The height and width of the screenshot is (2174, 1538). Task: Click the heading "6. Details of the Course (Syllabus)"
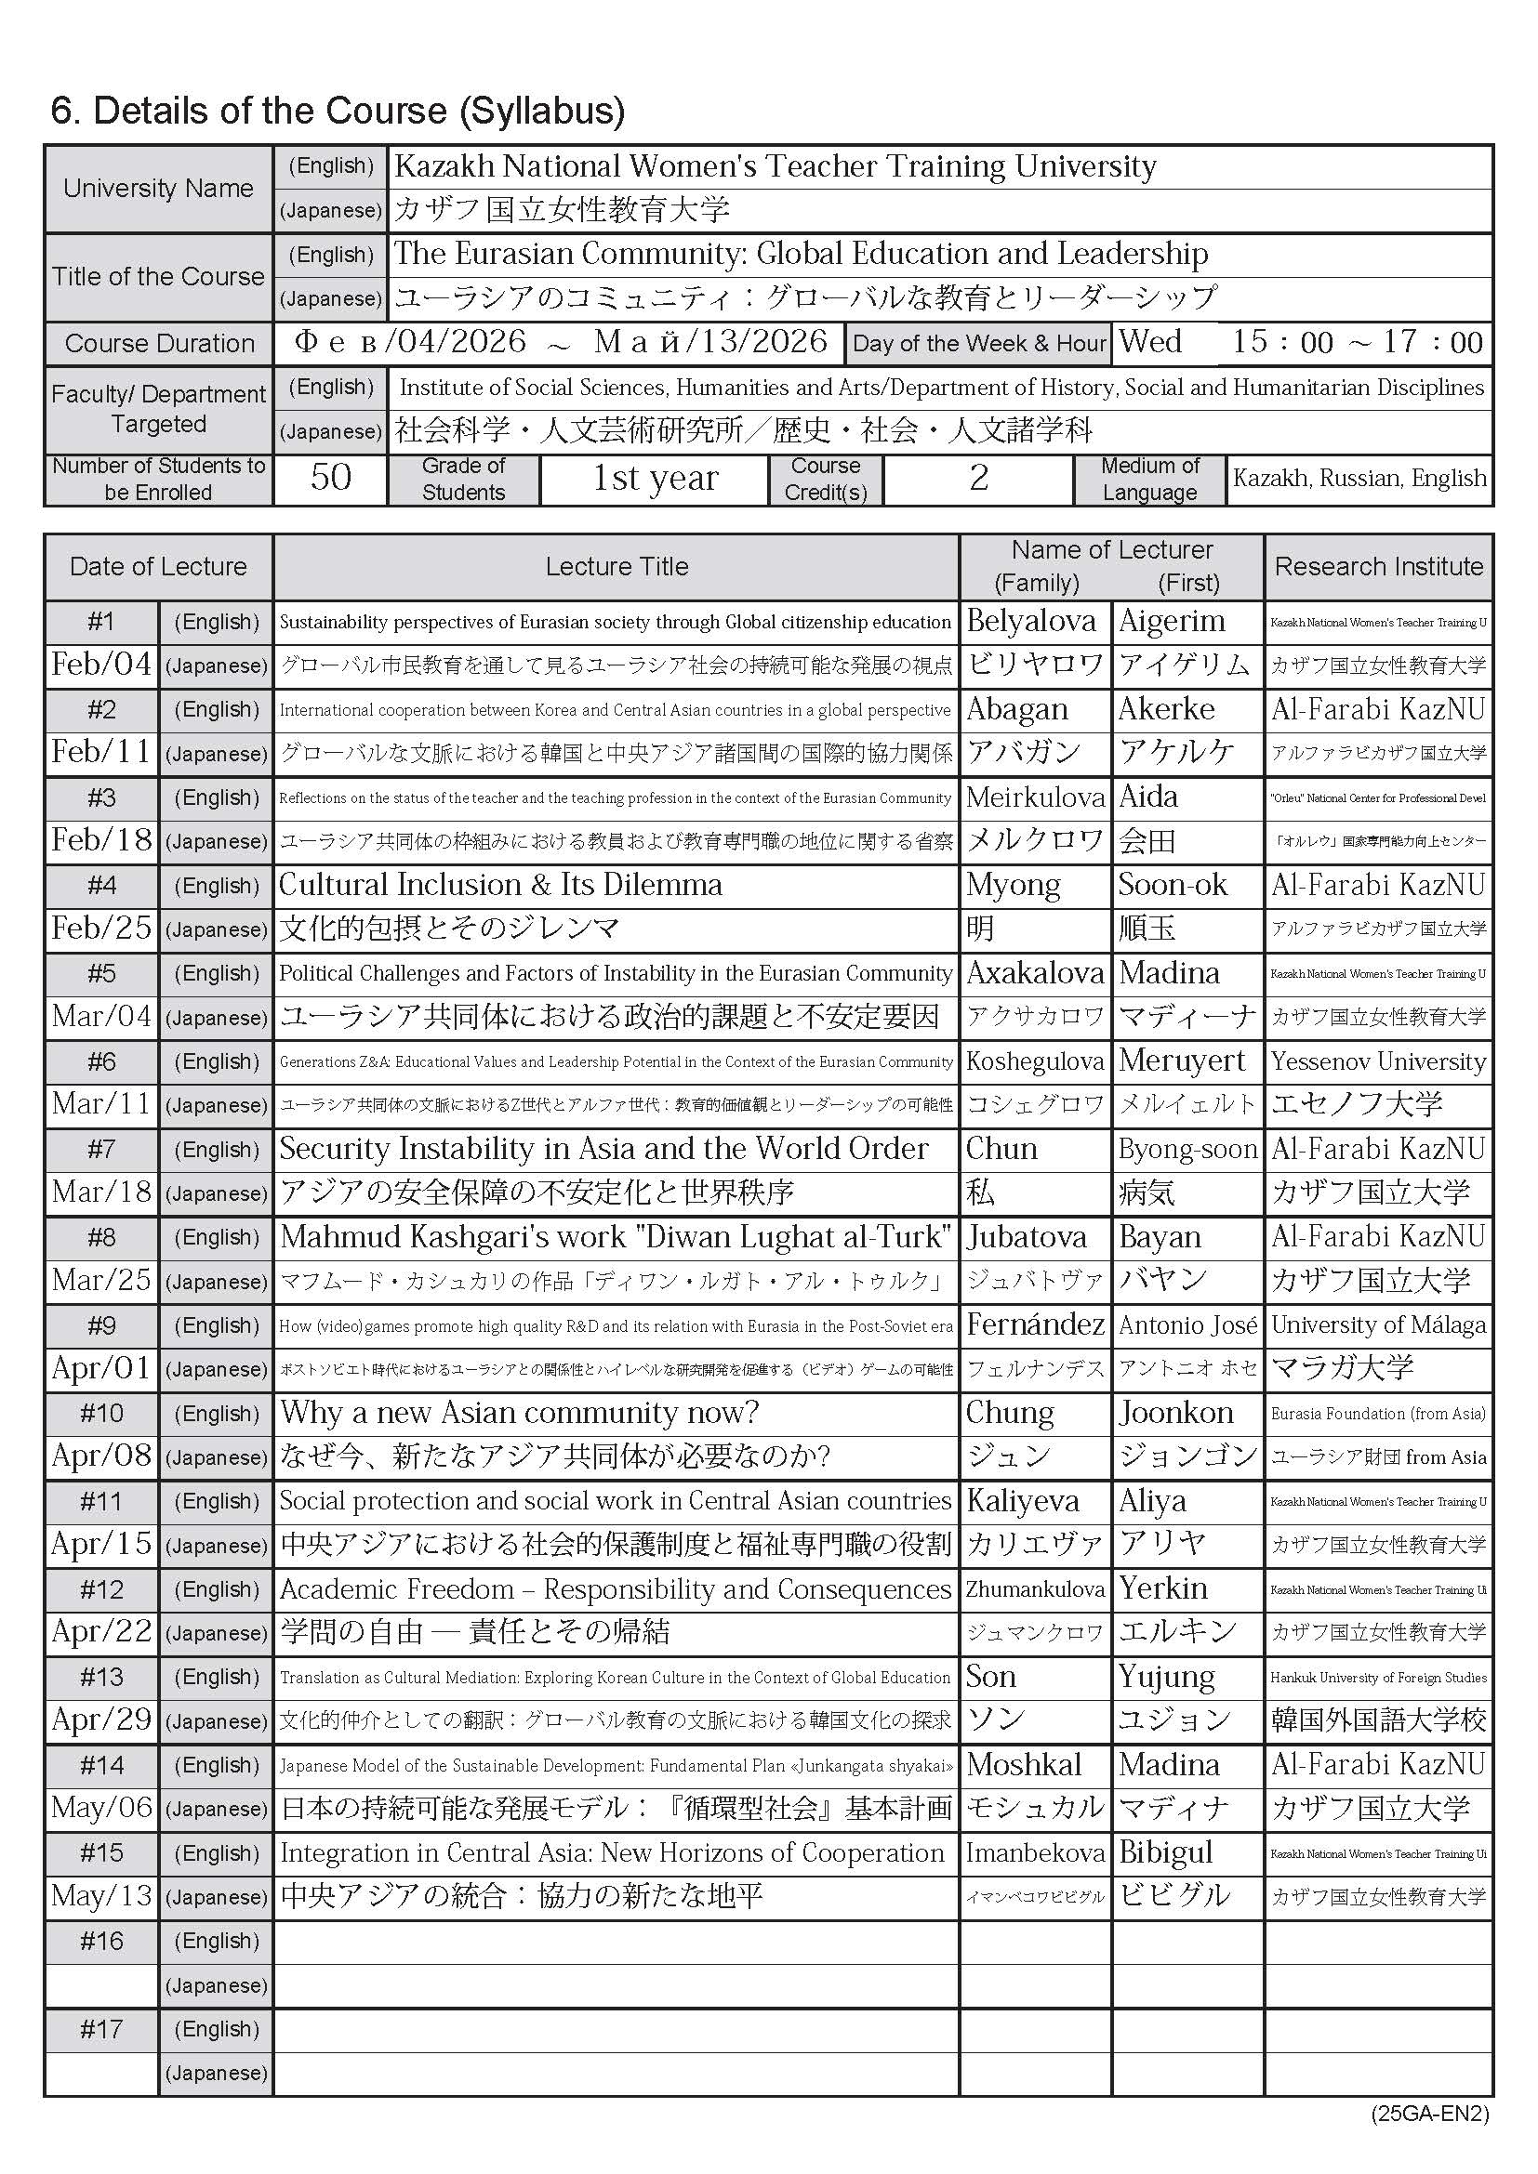click(338, 111)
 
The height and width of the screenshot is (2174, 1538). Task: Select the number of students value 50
click(330, 477)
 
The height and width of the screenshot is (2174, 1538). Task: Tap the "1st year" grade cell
click(655, 478)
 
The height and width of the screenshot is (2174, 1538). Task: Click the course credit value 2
click(978, 478)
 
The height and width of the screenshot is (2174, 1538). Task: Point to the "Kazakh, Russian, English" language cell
click(1359, 478)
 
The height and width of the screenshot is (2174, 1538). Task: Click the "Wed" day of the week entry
click(1149, 341)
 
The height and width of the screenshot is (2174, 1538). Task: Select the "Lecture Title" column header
click(617, 566)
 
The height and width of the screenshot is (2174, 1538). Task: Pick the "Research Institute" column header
click(1378, 566)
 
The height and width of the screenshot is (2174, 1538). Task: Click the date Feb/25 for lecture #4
click(101, 928)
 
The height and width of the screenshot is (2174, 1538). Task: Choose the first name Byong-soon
click(1187, 1149)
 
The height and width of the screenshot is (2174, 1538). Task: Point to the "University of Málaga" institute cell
click(1378, 1324)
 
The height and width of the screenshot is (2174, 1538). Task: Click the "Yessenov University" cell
click(1378, 1061)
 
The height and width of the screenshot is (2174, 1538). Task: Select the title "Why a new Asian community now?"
click(519, 1413)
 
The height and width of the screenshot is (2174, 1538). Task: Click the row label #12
click(101, 1588)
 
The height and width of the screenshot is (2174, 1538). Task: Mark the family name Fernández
click(1034, 1324)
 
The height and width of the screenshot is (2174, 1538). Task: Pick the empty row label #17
click(101, 2029)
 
